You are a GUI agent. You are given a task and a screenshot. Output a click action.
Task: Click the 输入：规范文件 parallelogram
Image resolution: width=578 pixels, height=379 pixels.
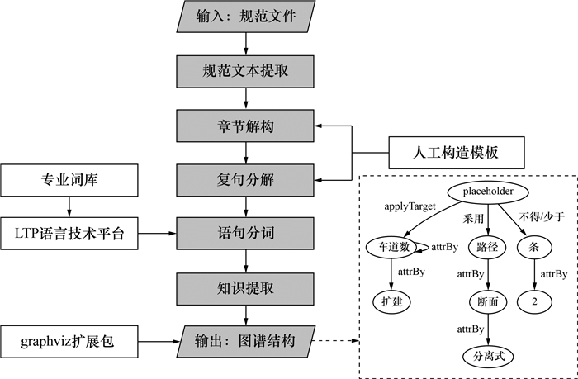coord(244,16)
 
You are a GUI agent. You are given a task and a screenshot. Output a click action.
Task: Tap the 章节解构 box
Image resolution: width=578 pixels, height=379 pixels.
coord(244,125)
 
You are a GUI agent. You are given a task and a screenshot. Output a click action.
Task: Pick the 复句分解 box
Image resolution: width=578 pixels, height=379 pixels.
coord(244,178)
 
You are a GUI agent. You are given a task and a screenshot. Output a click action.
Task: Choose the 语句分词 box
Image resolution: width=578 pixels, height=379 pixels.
coord(244,233)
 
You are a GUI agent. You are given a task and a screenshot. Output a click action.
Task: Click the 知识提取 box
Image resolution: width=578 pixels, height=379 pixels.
coord(244,287)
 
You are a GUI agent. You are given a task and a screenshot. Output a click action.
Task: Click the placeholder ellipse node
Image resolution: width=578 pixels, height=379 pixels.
coord(488,192)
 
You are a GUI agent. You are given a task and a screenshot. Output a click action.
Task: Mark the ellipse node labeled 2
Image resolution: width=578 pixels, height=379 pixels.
coord(534,302)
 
